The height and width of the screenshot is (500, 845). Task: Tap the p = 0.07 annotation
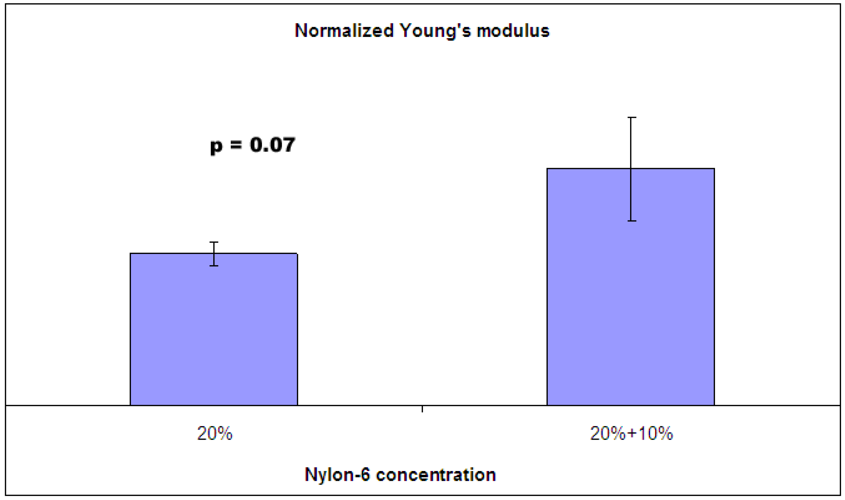[x=252, y=146]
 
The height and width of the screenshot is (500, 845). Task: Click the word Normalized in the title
[x=344, y=31]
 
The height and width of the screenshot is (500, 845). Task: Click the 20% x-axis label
[x=215, y=433]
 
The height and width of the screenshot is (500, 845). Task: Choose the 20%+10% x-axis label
[x=632, y=433]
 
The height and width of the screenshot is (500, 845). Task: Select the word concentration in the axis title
[x=436, y=475]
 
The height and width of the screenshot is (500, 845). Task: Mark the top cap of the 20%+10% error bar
[x=632, y=118]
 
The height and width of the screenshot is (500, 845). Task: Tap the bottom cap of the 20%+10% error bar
[x=632, y=221]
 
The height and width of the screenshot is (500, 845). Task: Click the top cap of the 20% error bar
[x=214, y=242]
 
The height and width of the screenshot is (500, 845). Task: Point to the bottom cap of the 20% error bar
[x=214, y=266]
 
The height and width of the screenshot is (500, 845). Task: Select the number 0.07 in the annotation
[x=272, y=145]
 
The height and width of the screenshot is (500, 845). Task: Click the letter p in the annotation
[x=216, y=147]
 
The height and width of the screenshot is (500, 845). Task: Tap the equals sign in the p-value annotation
[x=236, y=145]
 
